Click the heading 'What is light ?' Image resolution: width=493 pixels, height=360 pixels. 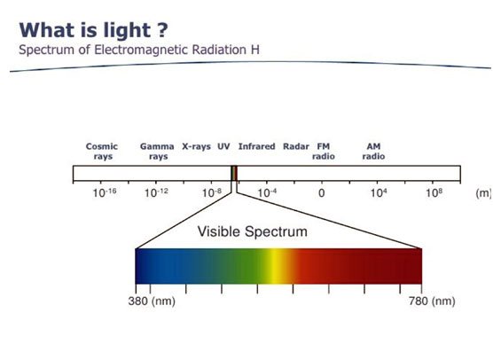[x=93, y=30]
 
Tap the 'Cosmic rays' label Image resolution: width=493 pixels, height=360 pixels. [x=102, y=152]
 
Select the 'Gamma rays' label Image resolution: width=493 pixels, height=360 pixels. [x=157, y=152]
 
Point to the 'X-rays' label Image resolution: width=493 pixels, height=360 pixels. [x=197, y=147]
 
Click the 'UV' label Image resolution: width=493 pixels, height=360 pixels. [x=223, y=146]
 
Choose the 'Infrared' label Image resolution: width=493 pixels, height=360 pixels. [x=256, y=146]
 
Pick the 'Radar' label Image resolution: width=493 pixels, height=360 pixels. [x=296, y=146]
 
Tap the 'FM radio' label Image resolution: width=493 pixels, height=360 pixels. [x=324, y=152]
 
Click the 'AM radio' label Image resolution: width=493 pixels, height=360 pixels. [x=373, y=152]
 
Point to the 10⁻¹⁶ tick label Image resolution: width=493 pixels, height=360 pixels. [x=105, y=192]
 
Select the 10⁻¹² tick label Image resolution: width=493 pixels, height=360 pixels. [x=156, y=192]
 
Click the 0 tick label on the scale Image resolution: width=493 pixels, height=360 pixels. [x=321, y=192]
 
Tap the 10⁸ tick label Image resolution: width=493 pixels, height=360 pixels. [x=434, y=192]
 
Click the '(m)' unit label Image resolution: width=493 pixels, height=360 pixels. [x=483, y=193]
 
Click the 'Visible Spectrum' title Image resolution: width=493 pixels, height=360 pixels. [x=253, y=231]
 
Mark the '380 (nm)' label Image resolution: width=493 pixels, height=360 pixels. [x=152, y=301]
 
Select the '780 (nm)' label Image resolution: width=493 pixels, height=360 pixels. [x=432, y=301]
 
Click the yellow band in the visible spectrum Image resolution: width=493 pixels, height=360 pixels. [x=274, y=266]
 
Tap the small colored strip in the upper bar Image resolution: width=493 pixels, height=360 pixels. [x=234, y=173]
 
